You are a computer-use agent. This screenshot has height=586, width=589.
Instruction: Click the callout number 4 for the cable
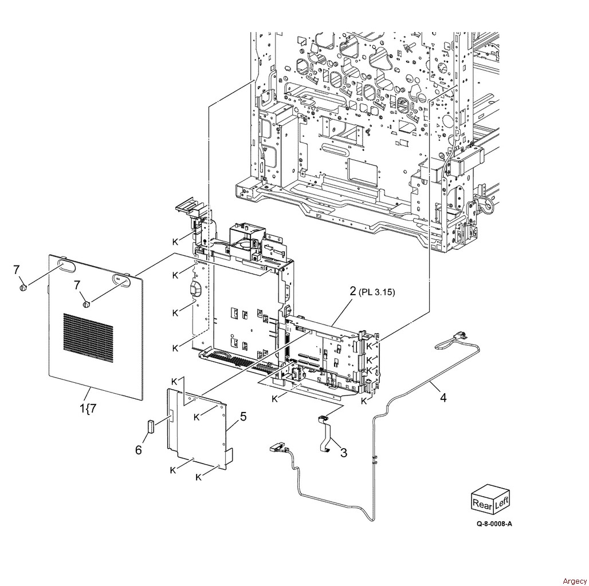(x=443, y=397)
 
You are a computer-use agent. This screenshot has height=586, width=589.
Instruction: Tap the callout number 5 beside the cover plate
(x=244, y=417)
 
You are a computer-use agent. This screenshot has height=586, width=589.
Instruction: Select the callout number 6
(x=139, y=450)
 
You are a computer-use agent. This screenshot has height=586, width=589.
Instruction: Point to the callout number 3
(x=344, y=453)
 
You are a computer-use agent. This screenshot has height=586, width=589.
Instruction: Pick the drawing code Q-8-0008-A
(x=494, y=524)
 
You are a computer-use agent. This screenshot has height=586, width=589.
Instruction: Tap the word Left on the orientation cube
(x=501, y=501)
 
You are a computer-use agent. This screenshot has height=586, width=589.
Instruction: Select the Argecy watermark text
(x=574, y=581)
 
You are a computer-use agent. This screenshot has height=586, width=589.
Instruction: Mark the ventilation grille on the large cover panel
(x=88, y=338)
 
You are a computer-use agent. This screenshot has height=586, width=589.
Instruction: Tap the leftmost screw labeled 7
(x=23, y=288)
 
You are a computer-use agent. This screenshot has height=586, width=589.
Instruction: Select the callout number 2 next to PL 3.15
(x=353, y=291)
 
